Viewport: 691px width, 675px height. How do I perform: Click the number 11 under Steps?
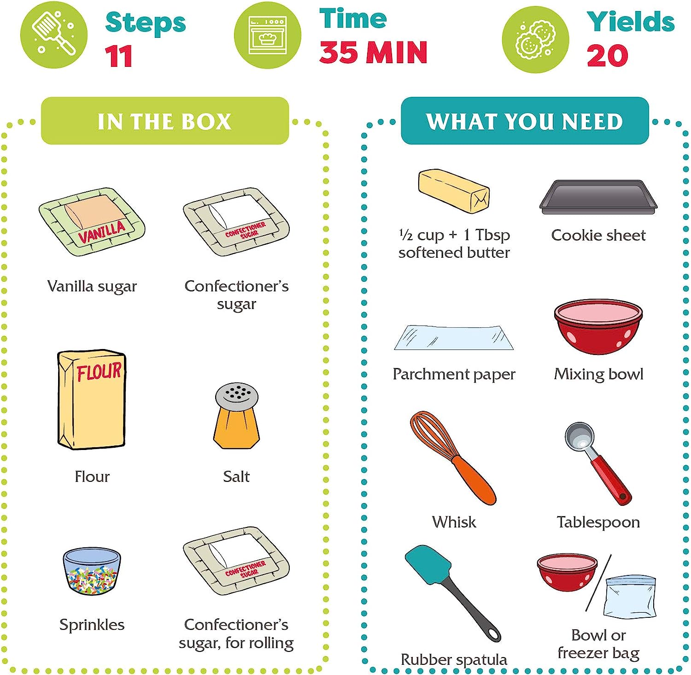[119, 56]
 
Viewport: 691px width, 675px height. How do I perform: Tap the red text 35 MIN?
[374, 52]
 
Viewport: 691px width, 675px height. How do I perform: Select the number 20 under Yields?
[607, 56]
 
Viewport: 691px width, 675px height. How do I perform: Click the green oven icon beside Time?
[268, 36]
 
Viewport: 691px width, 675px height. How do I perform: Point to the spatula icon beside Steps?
[54, 35]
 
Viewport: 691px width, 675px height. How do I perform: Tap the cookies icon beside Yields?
[535, 39]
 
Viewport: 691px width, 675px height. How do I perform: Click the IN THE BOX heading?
[164, 121]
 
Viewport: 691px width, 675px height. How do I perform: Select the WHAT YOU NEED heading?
[525, 121]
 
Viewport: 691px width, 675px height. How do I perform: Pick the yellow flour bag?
[92, 399]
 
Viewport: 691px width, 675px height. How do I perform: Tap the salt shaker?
[236, 415]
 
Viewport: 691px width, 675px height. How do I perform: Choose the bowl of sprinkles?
[92, 571]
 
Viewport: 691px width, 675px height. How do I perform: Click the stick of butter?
[454, 191]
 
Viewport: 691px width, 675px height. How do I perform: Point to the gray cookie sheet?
[598, 197]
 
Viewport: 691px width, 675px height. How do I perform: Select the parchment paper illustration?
[454, 337]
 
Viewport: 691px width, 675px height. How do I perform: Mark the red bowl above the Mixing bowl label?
[598, 327]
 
